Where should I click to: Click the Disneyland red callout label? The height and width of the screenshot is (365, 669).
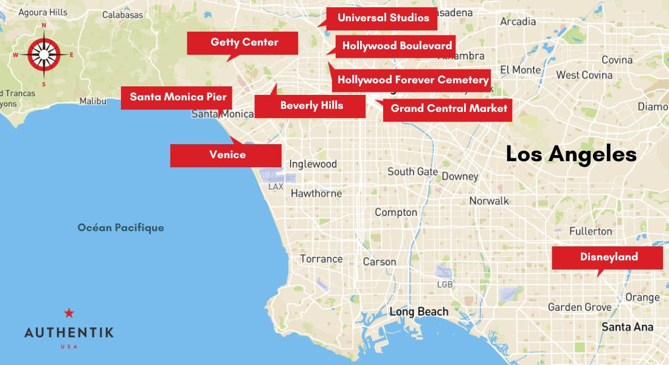[x=608, y=257]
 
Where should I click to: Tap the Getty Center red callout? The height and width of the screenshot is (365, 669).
[x=243, y=43]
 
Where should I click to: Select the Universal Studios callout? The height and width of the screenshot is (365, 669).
[x=383, y=18]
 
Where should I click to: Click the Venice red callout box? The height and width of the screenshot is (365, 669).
[x=226, y=155]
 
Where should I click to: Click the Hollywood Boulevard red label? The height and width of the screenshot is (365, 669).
[x=396, y=46]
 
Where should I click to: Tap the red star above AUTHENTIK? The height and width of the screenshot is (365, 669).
[x=69, y=313]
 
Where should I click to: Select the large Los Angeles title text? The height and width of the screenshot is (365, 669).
[x=571, y=155]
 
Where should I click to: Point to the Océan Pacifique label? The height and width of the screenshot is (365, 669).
[x=120, y=228]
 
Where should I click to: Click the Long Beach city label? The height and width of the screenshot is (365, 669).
[x=418, y=311]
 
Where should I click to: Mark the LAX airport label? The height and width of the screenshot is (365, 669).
[x=276, y=186]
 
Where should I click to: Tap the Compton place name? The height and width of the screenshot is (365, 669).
[x=396, y=212]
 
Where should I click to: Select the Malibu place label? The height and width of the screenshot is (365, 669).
[x=92, y=101]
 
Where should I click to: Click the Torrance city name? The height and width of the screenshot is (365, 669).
[x=321, y=259]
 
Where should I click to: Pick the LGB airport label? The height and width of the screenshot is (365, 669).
[x=445, y=285]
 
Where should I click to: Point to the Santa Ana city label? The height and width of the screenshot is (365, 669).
[x=627, y=327]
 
